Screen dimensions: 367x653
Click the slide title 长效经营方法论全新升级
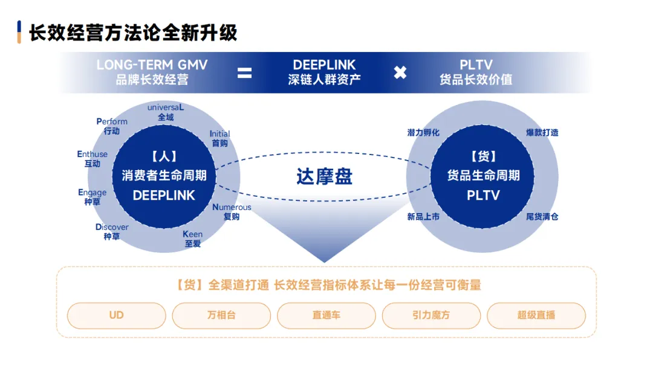pos(133,33)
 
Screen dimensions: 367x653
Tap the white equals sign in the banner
pos(244,73)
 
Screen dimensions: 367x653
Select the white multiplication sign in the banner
pos(400,73)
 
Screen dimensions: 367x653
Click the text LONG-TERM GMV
pos(152,65)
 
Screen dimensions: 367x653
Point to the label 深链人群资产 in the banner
pos(324,80)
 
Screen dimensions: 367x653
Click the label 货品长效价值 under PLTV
pos(476,80)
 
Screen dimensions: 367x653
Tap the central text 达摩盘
pos(324,176)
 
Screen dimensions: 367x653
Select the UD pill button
pos(116,315)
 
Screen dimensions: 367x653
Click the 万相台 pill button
pos(221,315)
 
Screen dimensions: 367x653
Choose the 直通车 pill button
pos(326,315)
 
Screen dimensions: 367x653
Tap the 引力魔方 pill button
pos(431,315)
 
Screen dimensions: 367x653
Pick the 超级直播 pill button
pos(536,315)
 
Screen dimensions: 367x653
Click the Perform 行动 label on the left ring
pos(112,126)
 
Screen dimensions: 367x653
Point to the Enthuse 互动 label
pos(93,159)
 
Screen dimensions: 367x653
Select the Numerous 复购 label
pos(232,212)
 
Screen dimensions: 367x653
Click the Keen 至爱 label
pos(193,239)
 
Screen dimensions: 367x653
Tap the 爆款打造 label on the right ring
pos(542,132)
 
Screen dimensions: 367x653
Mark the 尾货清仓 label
pos(542,215)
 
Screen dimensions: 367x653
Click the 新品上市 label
pos(423,215)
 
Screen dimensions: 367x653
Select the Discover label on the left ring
pos(112,228)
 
